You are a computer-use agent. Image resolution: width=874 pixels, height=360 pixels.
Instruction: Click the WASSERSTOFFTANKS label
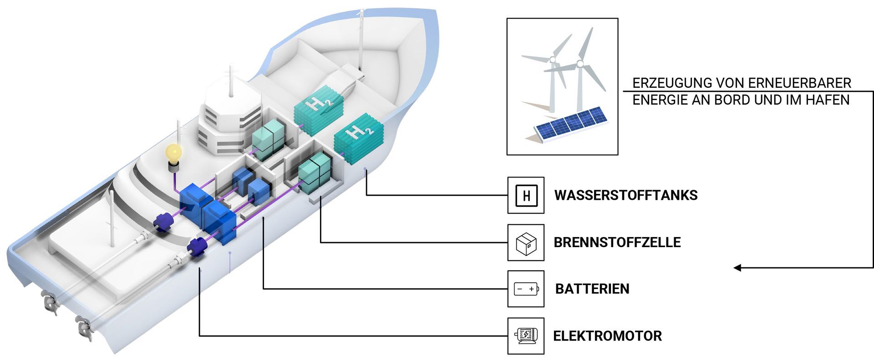pyautogui.click(x=626, y=195)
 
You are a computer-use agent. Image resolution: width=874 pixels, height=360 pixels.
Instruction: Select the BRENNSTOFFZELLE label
pyautogui.click(x=617, y=242)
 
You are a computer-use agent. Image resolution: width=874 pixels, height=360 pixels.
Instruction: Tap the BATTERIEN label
pyautogui.click(x=592, y=289)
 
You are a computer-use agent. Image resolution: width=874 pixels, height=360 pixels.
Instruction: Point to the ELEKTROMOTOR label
pyautogui.click(x=607, y=336)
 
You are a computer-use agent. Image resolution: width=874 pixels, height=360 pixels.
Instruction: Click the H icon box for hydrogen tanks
pyautogui.click(x=526, y=195)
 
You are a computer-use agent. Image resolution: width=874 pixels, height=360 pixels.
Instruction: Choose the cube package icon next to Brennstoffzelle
pyautogui.click(x=526, y=243)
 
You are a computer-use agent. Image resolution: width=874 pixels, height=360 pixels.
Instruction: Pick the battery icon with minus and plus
pyautogui.click(x=526, y=289)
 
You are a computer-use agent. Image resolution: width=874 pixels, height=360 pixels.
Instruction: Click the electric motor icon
pyautogui.click(x=526, y=336)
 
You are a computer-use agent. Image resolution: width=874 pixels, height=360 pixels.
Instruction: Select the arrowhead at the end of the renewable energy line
pyautogui.click(x=738, y=268)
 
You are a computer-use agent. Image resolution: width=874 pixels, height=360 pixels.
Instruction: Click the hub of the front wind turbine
pyautogui.click(x=579, y=63)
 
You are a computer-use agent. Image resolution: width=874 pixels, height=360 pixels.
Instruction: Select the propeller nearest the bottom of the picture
pyautogui.click(x=84, y=327)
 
